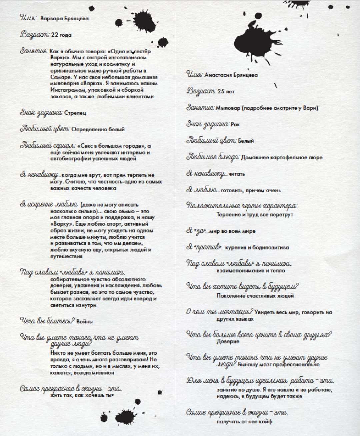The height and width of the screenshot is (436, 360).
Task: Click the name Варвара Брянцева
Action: click(x=64, y=19)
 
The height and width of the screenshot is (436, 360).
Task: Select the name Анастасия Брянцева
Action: click(x=231, y=75)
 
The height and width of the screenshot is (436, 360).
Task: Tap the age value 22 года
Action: click(x=61, y=35)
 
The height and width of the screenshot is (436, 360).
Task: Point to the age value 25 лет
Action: click(x=226, y=92)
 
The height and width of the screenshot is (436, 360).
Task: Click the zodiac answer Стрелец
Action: click(x=75, y=113)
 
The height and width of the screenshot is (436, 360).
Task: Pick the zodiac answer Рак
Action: click(x=235, y=125)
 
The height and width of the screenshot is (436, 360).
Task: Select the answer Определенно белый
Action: click(x=98, y=129)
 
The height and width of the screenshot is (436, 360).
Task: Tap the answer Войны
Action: click(x=84, y=322)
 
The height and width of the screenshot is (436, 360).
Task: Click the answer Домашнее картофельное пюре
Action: click(x=282, y=158)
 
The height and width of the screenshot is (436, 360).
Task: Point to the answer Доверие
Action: click(x=228, y=341)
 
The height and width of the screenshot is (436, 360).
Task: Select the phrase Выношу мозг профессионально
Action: click(x=279, y=364)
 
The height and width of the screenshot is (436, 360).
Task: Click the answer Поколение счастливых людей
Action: click(x=255, y=296)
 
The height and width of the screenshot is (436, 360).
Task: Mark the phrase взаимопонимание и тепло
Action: click(x=251, y=271)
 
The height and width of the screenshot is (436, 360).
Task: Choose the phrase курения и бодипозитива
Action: click(x=257, y=248)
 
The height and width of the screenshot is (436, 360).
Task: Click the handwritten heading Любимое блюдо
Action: click(x=213, y=157)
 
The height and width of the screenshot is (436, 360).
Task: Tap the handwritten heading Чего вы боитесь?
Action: click(x=47, y=321)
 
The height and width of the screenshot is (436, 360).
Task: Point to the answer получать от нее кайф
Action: click(x=244, y=422)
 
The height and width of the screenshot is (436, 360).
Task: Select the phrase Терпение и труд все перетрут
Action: click(x=255, y=215)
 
